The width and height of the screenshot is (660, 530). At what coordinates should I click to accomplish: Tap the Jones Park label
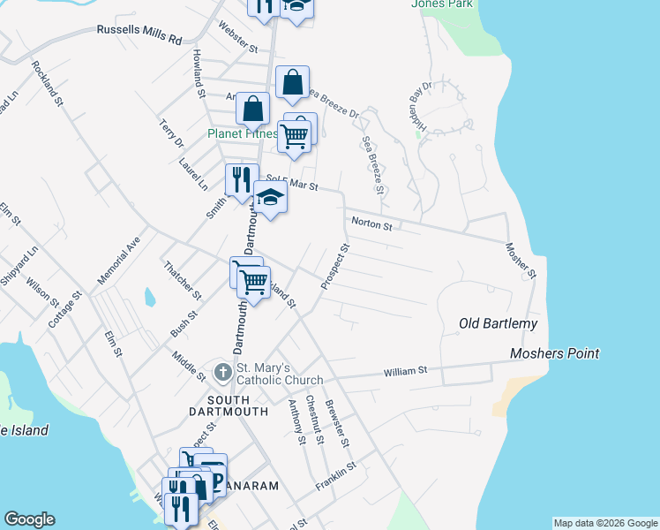click(441, 4)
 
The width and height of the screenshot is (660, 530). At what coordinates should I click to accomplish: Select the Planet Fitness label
click(242, 134)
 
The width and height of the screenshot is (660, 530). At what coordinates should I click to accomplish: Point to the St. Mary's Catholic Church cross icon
click(223, 371)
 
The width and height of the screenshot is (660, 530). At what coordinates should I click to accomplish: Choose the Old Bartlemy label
click(498, 324)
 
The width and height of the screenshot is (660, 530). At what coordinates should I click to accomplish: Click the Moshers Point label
click(555, 353)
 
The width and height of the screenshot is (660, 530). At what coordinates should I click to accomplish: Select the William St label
click(405, 372)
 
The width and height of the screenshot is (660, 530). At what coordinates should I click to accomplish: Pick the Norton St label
click(371, 223)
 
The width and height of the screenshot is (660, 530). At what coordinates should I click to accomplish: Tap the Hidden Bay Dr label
click(417, 109)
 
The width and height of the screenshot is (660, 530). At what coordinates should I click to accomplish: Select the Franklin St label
click(335, 477)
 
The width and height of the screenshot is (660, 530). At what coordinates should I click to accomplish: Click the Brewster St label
click(337, 423)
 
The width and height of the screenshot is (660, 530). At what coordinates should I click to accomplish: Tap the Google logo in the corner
click(29, 519)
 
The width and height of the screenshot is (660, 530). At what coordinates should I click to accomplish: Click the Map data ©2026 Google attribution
click(604, 523)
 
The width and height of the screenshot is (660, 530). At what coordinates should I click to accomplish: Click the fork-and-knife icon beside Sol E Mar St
click(241, 179)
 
